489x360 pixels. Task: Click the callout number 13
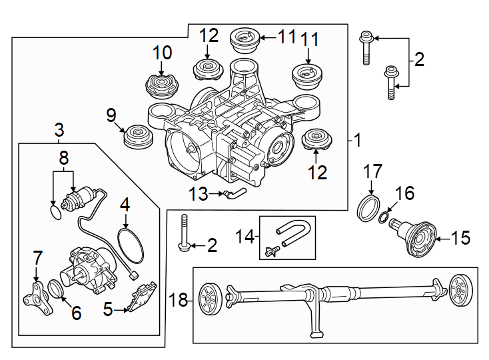click(198, 194)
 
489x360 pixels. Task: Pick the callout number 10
click(162, 53)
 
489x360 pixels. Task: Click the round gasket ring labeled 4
click(130, 245)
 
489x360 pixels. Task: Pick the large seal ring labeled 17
click(368, 207)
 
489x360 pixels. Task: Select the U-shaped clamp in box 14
click(290, 235)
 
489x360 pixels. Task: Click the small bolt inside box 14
click(271, 252)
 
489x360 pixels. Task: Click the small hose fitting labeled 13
click(234, 194)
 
